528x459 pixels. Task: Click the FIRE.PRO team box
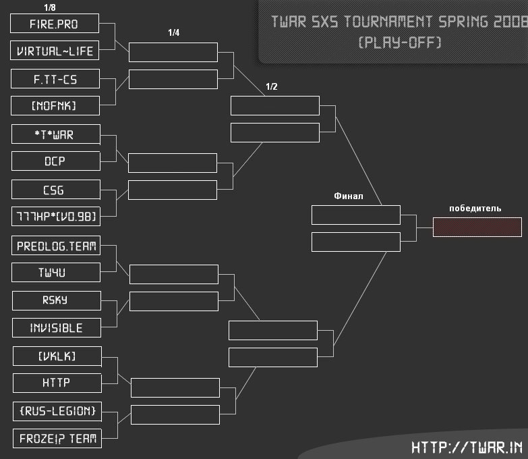click(55, 24)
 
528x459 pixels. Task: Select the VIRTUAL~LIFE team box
click(55, 51)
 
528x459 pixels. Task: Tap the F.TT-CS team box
click(55, 79)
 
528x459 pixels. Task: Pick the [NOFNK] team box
click(55, 106)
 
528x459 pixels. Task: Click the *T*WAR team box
click(56, 134)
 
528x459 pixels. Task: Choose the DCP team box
click(56, 161)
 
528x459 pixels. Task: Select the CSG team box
click(56, 190)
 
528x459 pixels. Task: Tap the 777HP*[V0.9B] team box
click(56, 217)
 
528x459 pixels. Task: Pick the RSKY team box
click(57, 301)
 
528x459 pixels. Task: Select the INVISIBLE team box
click(57, 328)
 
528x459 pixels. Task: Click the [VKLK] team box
click(57, 356)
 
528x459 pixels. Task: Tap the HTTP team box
click(57, 383)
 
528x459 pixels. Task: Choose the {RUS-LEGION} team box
click(57, 411)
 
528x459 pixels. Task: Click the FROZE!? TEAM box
click(57, 438)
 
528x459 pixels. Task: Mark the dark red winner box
click(477, 227)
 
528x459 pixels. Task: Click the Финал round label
click(349, 196)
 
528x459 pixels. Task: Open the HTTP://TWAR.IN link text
click(467, 448)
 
